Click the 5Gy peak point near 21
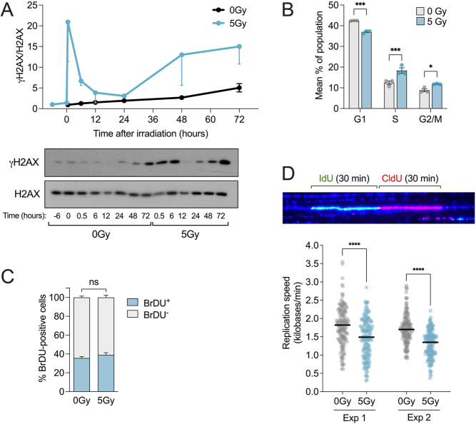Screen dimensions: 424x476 [68, 22]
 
